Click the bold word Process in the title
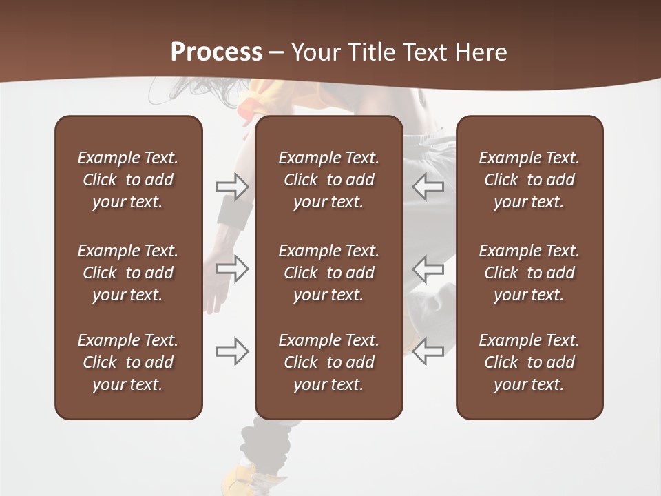pos(216,52)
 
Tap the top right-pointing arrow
pos(233,187)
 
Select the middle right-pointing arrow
pos(233,269)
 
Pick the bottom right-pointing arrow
pos(233,351)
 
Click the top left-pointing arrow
pos(428,187)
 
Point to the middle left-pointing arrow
pos(428,269)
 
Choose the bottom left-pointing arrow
pos(428,351)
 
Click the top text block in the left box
pos(128,180)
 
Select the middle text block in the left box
pos(128,273)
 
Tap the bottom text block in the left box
pos(128,362)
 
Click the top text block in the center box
pos(328,180)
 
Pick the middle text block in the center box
pos(328,273)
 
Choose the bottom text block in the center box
pos(328,362)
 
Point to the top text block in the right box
pos(529,180)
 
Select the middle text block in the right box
pos(529,273)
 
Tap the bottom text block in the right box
pos(529,362)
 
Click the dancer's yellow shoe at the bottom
pos(251,479)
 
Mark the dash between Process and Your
pos(277,54)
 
